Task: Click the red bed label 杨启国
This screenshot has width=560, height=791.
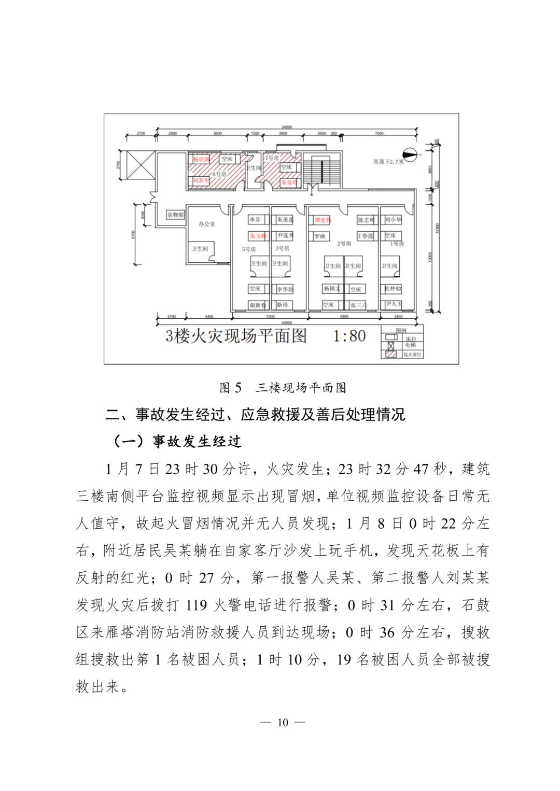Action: coord(201,160)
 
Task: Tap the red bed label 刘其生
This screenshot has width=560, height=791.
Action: coord(200,180)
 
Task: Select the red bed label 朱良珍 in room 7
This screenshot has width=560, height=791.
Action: coord(289,183)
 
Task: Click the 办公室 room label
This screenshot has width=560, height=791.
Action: coord(206,224)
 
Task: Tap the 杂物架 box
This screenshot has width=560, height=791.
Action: coord(175,215)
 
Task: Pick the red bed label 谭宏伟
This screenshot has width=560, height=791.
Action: coord(323,220)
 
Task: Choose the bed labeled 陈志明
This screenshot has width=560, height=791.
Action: coord(366,220)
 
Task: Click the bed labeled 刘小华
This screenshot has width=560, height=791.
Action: coord(393,220)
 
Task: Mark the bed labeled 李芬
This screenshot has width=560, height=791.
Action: coord(255,220)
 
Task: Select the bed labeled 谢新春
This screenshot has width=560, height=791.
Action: coord(257,305)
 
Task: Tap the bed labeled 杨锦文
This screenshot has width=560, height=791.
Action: coord(332,289)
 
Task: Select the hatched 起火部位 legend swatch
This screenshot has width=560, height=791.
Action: coord(390,355)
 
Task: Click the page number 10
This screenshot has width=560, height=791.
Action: coord(282,723)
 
